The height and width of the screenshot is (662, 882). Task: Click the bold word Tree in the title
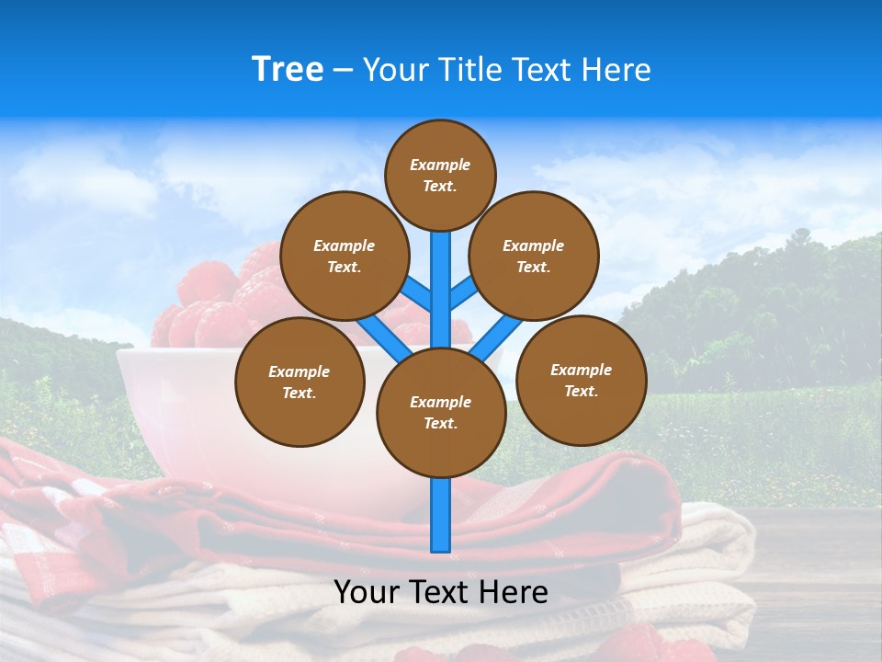click(x=288, y=70)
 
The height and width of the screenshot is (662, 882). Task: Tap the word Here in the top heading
click(x=616, y=70)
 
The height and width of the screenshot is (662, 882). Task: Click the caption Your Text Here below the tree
click(x=441, y=592)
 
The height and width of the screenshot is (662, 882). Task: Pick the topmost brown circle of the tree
click(x=440, y=175)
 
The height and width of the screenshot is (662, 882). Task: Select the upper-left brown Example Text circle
click(x=345, y=256)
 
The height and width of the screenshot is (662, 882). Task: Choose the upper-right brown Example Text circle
click(x=534, y=256)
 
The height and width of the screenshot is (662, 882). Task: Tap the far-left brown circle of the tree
click(x=300, y=382)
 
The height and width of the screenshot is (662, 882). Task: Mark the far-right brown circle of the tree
click(x=582, y=380)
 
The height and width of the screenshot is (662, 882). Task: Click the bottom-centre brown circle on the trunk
click(x=441, y=413)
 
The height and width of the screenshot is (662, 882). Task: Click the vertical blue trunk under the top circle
click(x=441, y=276)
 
